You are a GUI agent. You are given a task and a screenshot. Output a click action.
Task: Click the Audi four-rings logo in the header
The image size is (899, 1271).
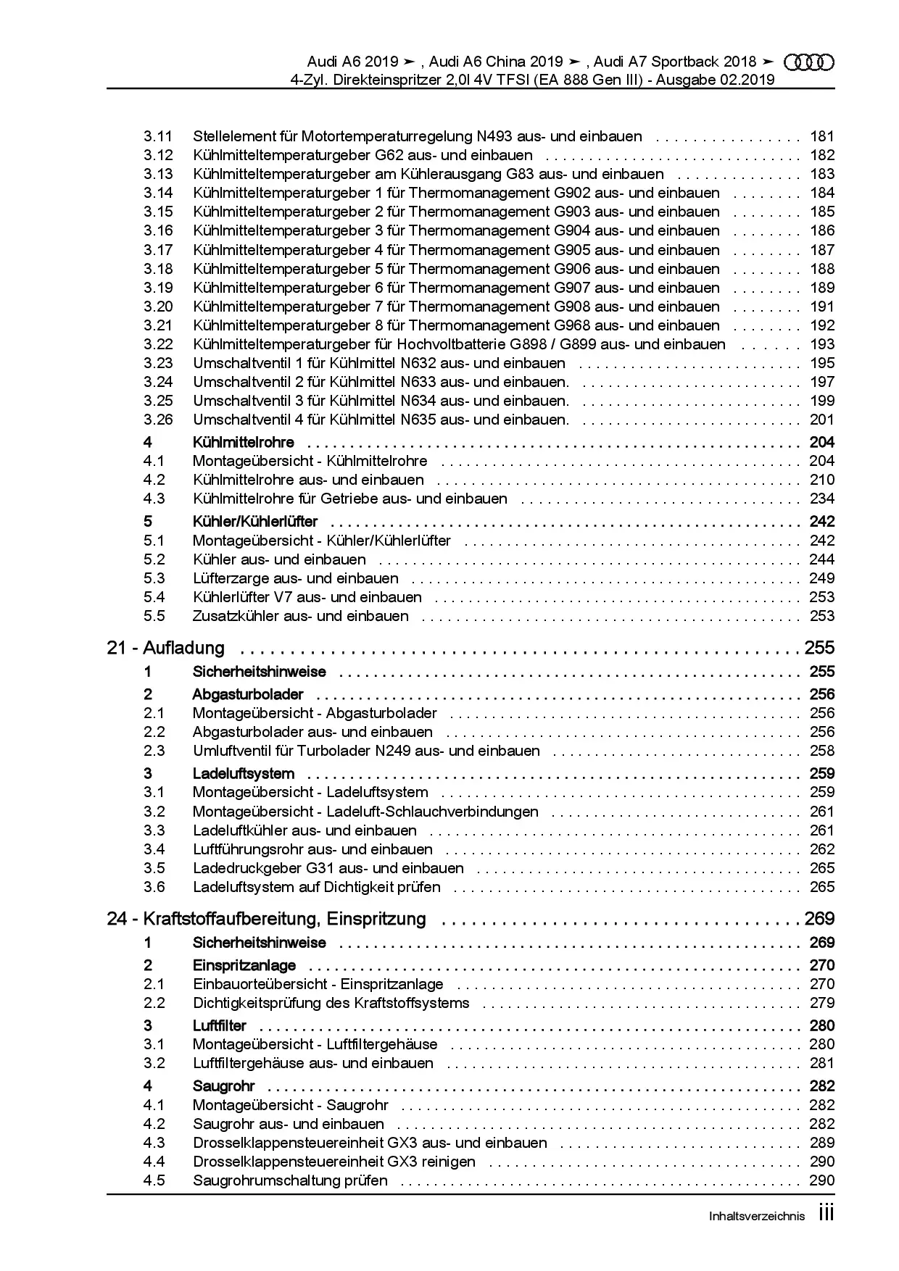[810, 62]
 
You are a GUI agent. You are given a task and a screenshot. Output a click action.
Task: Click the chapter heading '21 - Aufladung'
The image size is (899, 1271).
[166, 648]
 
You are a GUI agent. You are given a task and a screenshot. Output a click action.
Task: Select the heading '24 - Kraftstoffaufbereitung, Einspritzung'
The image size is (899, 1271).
[266, 919]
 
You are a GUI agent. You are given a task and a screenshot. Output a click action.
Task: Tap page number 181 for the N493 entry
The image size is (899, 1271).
[822, 136]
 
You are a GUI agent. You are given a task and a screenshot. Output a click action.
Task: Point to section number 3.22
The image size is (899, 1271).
[158, 344]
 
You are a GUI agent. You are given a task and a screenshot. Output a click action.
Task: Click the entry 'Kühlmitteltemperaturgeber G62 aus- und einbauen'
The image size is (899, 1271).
[362, 155]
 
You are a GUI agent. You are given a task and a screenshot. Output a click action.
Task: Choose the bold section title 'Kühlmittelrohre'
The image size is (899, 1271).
[243, 442]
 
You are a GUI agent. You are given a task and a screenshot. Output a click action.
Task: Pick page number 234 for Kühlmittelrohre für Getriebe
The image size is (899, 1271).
[822, 499]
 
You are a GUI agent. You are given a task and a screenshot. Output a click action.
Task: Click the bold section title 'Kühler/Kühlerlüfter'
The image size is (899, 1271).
[255, 522]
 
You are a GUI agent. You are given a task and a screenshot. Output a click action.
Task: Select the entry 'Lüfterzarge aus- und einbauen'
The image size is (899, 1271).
[295, 578]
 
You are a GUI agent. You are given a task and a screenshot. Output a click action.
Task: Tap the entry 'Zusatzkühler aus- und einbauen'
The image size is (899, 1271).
[300, 616]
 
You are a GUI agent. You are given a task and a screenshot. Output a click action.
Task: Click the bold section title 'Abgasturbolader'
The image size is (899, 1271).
[248, 694]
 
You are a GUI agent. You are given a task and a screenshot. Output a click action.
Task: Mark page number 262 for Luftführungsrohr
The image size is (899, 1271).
[822, 849]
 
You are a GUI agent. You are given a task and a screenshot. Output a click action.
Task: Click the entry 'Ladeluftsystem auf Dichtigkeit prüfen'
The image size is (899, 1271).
[316, 887]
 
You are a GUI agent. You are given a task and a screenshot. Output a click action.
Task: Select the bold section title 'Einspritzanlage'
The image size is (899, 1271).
[244, 965]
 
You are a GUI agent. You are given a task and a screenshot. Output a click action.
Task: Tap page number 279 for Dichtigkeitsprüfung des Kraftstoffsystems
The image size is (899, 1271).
[822, 1003]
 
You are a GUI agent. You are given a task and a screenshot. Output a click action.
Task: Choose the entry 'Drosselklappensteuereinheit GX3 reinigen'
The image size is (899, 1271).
[334, 1162]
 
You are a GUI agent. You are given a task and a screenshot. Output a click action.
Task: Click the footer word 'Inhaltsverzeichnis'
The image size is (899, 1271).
[756, 1217]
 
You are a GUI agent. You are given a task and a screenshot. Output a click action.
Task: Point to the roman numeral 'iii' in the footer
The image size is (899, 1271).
[826, 1214]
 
